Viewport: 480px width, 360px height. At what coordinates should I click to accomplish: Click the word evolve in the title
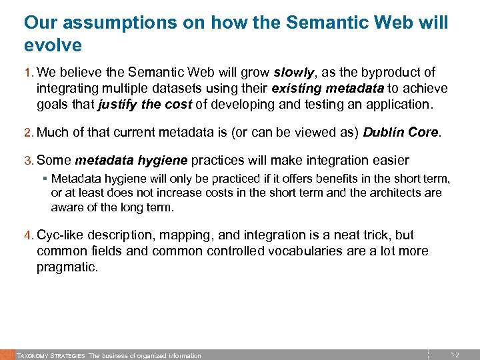click(53, 45)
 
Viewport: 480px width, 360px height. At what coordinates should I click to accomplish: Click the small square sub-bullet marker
click(45, 179)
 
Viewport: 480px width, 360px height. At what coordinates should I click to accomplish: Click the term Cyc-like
click(61, 235)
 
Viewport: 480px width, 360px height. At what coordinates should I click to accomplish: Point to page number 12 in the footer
click(455, 355)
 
